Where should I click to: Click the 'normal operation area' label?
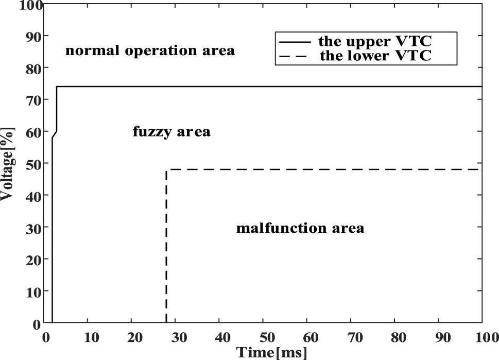pos(149,51)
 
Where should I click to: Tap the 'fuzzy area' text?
pos(171,132)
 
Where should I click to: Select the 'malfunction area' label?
pos(300,228)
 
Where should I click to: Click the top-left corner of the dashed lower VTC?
pos(166,169)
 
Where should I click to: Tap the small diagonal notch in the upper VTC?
pos(55,133)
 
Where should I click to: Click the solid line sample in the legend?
pos(295,41)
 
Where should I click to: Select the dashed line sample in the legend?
pos(295,56)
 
